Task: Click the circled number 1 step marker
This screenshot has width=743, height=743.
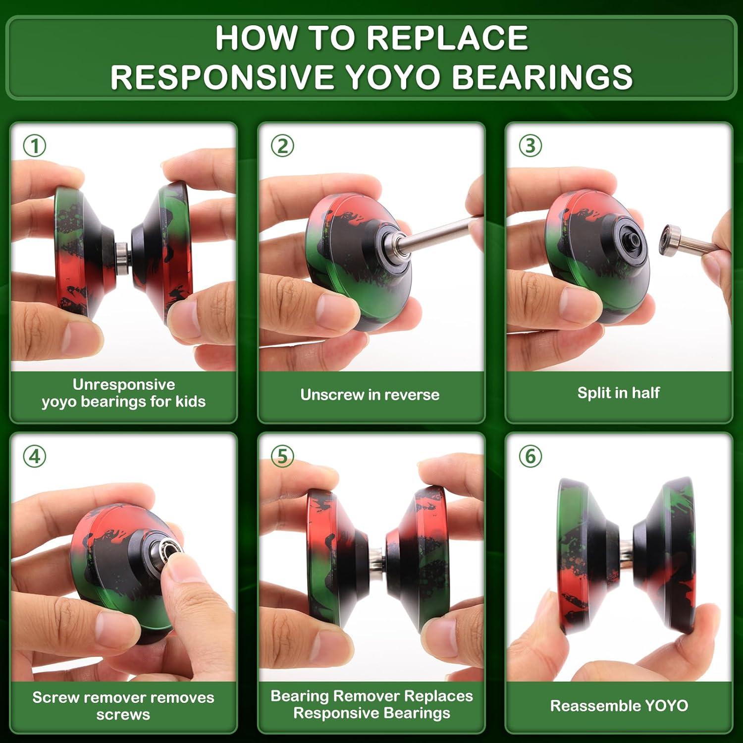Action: click(35, 146)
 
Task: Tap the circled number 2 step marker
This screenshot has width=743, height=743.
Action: click(282, 146)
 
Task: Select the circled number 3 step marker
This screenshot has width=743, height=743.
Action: click(530, 146)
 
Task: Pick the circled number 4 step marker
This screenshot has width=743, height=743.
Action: click(35, 456)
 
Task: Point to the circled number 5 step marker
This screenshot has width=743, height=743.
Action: click(282, 456)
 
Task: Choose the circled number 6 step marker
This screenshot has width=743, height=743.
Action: click(530, 456)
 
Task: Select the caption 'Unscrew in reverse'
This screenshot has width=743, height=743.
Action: click(370, 395)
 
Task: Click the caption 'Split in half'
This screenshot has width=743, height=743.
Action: click(618, 393)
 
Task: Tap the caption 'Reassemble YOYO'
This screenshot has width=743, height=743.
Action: click(619, 705)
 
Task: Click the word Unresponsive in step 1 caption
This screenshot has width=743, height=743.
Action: click(124, 384)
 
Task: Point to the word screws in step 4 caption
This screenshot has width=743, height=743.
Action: click(123, 715)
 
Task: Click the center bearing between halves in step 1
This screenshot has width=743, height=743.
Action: click(123, 256)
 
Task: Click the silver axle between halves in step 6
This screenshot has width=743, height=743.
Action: click(626, 552)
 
